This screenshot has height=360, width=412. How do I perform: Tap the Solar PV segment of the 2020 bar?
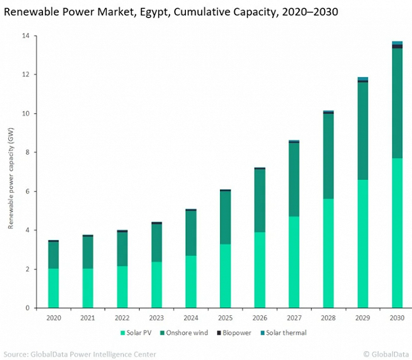(x=54, y=288)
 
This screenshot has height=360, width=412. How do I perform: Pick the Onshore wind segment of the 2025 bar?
(x=225, y=217)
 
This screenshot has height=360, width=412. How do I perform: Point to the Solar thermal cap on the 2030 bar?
(x=397, y=43)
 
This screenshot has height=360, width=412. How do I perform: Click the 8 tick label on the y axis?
(x=26, y=152)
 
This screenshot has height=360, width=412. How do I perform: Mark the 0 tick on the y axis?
(x=26, y=308)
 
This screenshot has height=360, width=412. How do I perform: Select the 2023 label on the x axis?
(x=157, y=317)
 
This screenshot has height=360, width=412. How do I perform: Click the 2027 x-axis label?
(x=294, y=317)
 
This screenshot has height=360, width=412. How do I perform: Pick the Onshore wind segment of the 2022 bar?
(x=122, y=249)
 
